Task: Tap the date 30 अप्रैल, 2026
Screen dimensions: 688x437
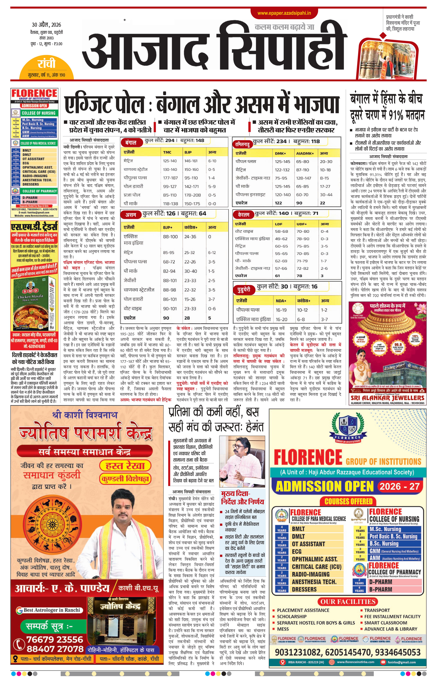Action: pos(46,25)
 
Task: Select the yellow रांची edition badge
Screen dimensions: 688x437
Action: pos(46,63)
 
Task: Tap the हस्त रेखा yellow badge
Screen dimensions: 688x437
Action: pos(125,466)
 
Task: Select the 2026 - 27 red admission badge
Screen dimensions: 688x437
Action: pos(400,486)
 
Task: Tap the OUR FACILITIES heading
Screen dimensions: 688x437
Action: pos(348,601)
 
